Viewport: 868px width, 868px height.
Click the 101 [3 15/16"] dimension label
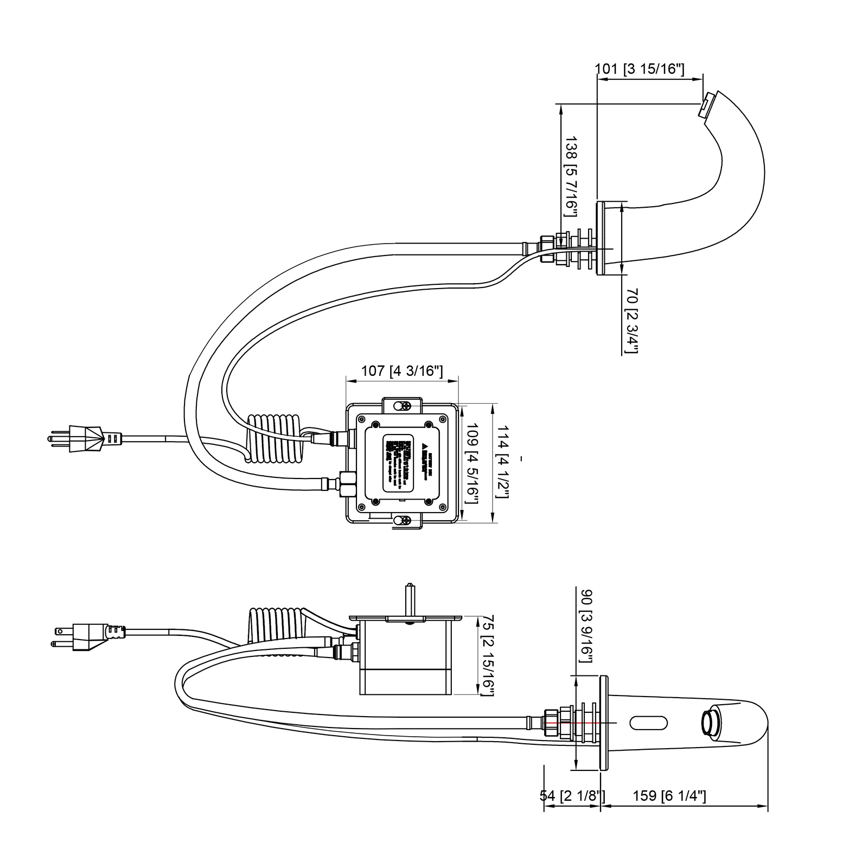tap(640, 69)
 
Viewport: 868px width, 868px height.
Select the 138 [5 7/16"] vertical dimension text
tap(571, 176)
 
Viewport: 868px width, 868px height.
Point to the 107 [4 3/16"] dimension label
tap(402, 371)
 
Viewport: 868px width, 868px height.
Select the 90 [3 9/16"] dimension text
tap(586, 626)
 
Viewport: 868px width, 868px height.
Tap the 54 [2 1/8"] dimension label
tap(572, 796)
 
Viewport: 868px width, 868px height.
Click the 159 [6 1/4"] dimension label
tap(669, 796)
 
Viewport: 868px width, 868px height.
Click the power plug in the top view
tap(81, 438)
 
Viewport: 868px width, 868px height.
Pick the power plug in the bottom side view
tap(87, 636)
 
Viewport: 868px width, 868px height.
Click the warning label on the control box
tap(402, 463)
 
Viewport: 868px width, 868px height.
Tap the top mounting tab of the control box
tap(402, 405)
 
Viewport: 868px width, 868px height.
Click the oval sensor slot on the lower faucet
tap(648, 723)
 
